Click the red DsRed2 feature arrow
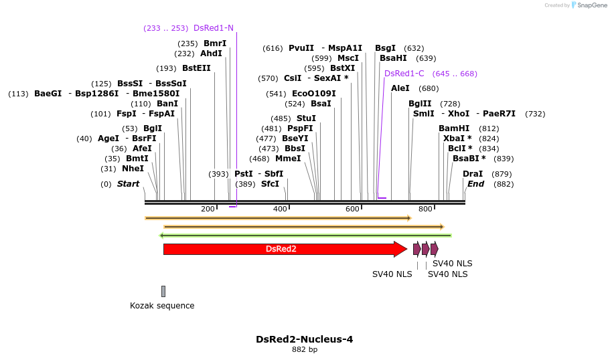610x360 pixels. [x=281, y=249]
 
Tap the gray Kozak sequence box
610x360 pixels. [x=163, y=291]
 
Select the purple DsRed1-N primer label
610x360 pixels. [x=214, y=28]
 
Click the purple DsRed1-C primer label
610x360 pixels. [x=404, y=74]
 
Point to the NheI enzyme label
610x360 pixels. [x=133, y=169]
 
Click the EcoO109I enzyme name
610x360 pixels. [x=314, y=94]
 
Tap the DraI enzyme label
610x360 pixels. [x=473, y=174]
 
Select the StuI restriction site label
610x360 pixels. [x=306, y=118]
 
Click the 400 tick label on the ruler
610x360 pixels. [x=280, y=209]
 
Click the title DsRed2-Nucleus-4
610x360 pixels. [x=305, y=339]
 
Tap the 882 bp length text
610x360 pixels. [x=305, y=350]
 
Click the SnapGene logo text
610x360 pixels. [x=590, y=5]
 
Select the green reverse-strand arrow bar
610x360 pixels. [x=305, y=236]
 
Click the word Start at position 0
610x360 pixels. [x=129, y=184]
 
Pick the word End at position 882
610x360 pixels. [x=475, y=184]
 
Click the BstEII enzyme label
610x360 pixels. [x=196, y=68]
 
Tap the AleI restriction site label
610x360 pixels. [x=400, y=88]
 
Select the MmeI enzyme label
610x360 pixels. [x=288, y=159]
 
